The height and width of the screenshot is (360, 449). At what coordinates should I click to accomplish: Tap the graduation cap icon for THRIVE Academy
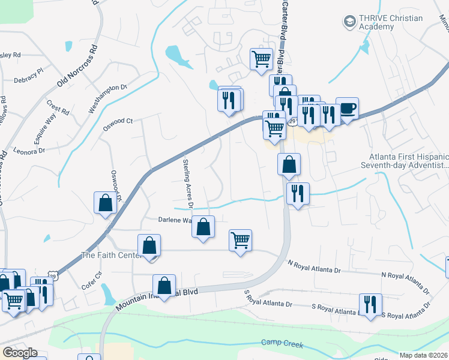coord(349,22)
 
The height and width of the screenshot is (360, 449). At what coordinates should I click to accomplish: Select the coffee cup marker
coord(347,109)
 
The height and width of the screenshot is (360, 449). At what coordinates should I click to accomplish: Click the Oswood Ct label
coord(118,121)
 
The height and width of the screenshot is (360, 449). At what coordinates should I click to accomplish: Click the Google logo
coord(19,353)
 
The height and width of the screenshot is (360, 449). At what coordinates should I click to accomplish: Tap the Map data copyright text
coord(424,355)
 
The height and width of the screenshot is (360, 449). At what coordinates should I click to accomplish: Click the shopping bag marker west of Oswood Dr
coord(106,203)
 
